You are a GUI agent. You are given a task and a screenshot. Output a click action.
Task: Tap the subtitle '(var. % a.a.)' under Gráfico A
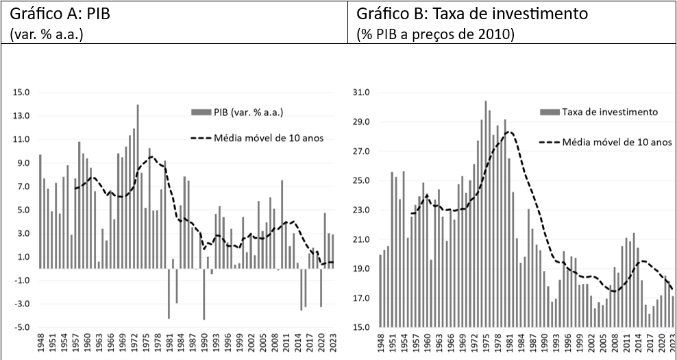[46, 34]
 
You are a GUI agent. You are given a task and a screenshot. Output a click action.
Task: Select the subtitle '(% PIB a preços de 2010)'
[435, 34]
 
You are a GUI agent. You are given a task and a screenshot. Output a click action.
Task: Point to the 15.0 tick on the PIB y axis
[22, 92]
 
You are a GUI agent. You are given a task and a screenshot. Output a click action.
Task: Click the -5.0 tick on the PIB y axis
[22, 327]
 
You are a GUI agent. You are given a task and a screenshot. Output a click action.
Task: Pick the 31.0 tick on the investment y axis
[360, 92]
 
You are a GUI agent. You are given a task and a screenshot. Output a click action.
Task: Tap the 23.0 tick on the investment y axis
[360, 210]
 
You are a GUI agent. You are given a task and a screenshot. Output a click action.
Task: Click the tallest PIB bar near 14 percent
[138, 186]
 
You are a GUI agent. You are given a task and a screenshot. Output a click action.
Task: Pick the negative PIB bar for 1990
[204, 293]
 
